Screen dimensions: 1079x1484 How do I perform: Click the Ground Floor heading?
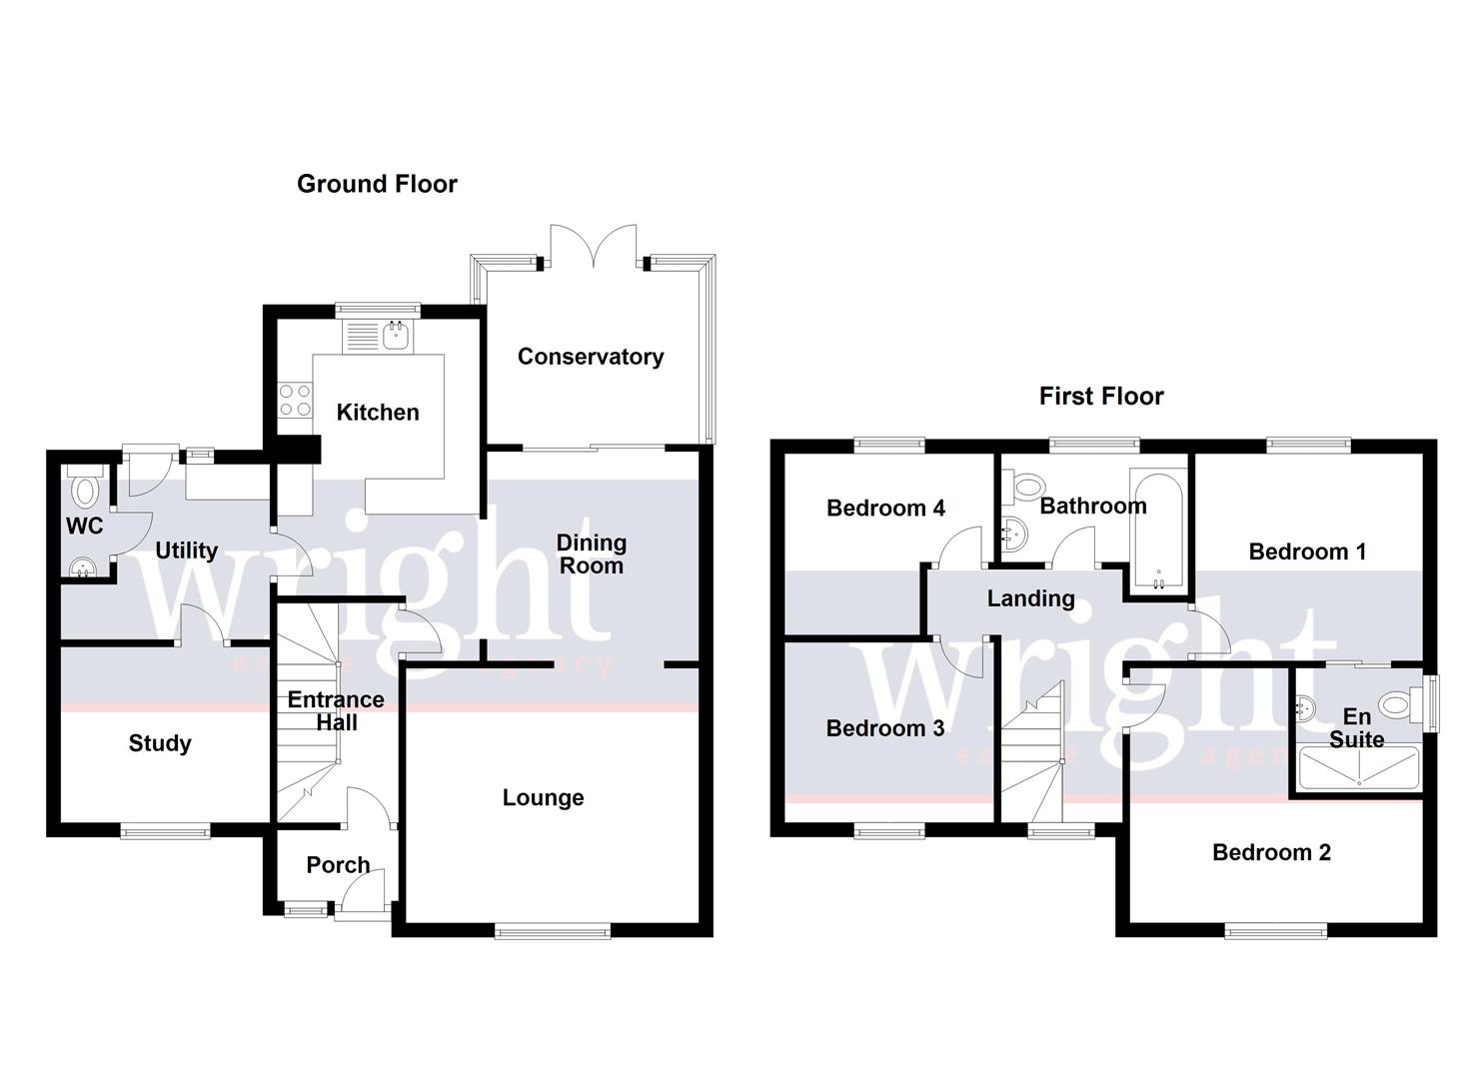click(377, 184)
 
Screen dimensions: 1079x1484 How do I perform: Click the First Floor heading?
click(1100, 397)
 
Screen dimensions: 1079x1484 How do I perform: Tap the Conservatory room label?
click(590, 357)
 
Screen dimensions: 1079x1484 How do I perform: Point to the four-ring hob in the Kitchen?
click(294, 401)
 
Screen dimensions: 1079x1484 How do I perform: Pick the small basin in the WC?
click(81, 567)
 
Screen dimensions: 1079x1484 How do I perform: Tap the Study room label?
click(160, 743)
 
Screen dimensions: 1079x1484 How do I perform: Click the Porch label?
click(338, 865)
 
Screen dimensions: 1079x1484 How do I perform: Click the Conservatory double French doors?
click(594, 245)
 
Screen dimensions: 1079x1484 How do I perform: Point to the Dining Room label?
click(591, 554)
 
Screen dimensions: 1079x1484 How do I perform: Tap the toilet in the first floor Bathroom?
click(1025, 487)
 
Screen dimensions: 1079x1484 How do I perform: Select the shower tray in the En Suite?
click(1358, 768)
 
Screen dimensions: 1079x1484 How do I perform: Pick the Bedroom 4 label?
click(885, 509)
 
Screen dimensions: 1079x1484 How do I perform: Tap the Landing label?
click(1030, 598)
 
